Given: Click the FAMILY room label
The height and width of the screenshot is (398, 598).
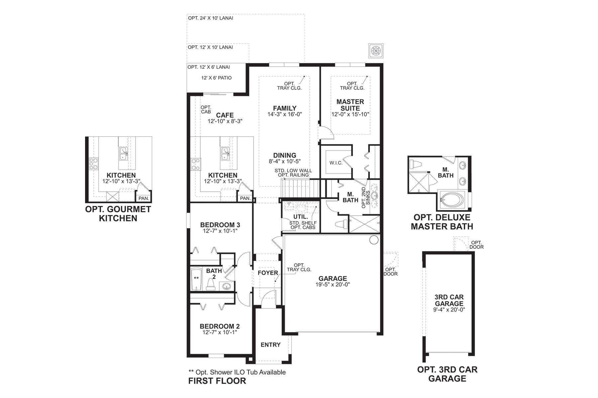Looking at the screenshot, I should tap(285, 108).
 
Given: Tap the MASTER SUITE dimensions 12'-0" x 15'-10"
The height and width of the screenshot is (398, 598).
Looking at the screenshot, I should tap(350, 114).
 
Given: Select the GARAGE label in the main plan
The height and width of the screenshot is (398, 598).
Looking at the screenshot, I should tap(333, 279).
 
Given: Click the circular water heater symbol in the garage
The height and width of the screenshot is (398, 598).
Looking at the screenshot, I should tap(374, 240).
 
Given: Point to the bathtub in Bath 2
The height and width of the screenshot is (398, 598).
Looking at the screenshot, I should tap(196, 279).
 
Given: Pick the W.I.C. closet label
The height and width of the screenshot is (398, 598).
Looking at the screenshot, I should tap(336, 163).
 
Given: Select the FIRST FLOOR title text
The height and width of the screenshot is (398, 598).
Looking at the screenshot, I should tap(217, 381).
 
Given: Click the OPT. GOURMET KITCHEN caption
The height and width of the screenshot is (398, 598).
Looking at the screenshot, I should tap(118, 214).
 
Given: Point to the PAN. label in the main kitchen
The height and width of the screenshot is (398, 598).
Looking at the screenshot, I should tap(245, 198).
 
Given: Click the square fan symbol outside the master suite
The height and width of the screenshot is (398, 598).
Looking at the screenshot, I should tap(376, 51).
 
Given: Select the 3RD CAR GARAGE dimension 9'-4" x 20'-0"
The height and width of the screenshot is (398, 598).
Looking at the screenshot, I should tap(449, 310).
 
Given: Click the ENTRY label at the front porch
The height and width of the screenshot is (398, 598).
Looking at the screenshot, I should tap(270, 345).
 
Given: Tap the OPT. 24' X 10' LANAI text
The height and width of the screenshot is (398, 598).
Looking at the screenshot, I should tap(210, 18).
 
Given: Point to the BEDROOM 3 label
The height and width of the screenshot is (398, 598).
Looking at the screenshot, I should tap(220, 225).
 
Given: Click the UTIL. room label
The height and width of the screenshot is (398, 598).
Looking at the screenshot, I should tap(300, 217).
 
